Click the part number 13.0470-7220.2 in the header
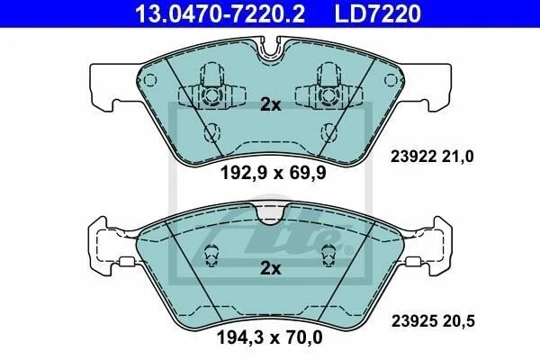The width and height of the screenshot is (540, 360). [220, 13]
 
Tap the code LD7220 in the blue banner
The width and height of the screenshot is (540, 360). [377, 13]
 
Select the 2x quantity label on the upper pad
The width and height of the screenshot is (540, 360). [271, 104]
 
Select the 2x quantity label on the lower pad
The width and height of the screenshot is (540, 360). [271, 268]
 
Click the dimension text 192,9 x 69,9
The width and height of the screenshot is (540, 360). [273, 173]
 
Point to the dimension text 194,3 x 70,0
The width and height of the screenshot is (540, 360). [270, 337]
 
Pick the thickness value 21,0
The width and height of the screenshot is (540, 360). [459, 157]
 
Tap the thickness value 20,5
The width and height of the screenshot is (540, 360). [460, 321]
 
